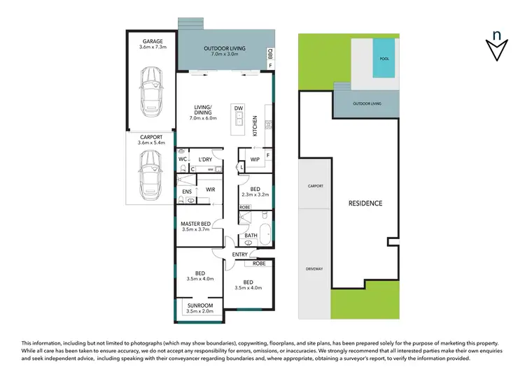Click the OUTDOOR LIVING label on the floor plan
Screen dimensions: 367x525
(x=220, y=48)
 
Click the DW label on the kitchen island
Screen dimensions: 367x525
(x=238, y=108)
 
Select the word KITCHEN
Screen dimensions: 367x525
(x=255, y=125)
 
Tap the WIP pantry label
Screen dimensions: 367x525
(x=255, y=159)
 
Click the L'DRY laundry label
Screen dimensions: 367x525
(x=205, y=159)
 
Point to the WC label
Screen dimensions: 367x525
(x=182, y=159)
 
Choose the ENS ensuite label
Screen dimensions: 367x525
(x=187, y=192)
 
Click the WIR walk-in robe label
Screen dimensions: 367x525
(x=210, y=189)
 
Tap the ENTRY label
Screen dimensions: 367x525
(x=240, y=254)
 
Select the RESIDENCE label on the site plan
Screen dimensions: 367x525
(x=365, y=203)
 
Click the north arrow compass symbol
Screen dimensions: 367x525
(x=496, y=46)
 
